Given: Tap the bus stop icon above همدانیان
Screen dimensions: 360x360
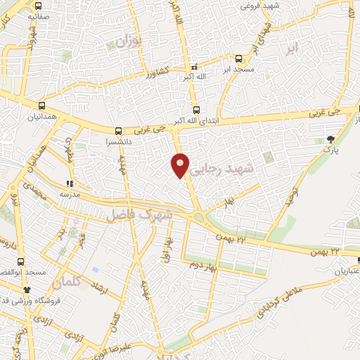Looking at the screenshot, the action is pyautogui.click(x=41, y=104).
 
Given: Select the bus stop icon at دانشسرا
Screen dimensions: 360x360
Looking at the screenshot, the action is pyautogui.click(x=118, y=130).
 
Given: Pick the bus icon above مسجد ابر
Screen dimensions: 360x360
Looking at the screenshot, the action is pyautogui.click(x=238, y=59).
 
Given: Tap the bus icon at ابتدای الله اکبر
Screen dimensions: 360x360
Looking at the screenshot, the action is pyautogui.click(x=196, y=109).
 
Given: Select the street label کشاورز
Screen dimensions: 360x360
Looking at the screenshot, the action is pyautogui.click(x=153, y=72).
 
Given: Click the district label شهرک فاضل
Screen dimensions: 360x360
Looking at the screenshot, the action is pyautogui.click(x=140, y=214).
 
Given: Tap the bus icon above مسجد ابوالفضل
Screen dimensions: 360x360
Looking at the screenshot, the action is pyautogui.click(x=20, y=262).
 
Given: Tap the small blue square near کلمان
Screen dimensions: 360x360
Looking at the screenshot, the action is pyautogui.click(x=95, y=269).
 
